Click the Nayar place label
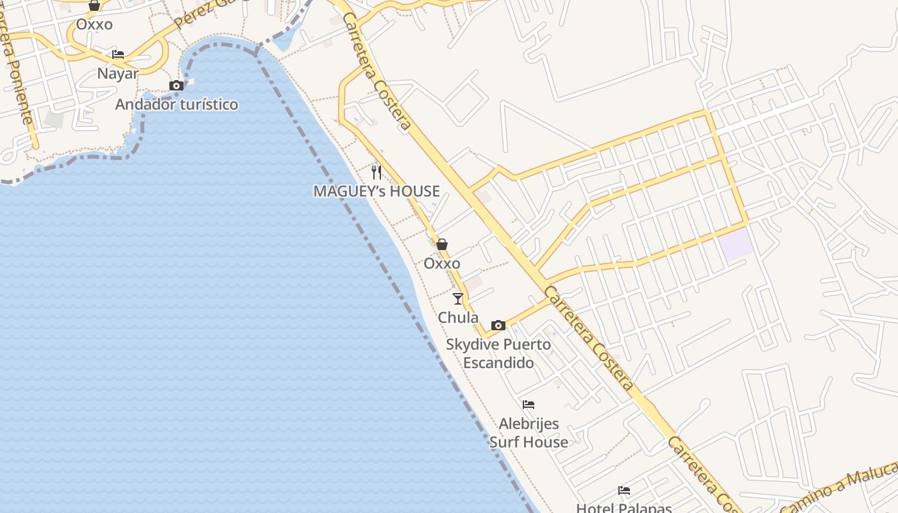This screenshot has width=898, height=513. (x=117, y=73)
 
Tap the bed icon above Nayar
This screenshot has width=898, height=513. (x=117, y=55)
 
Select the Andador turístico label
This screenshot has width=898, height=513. (x=176, y=104)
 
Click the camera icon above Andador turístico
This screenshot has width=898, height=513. (x=176, y=85)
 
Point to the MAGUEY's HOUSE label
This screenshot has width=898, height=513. (x=377, y=191)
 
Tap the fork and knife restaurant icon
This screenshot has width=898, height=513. (x=377, y=172)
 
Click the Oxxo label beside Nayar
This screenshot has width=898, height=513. (x=94, y=24)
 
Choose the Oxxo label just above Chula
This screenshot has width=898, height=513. (x=441, y=264)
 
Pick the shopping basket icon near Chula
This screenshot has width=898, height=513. (x=441, y=244)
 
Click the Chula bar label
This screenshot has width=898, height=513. (x=458, y=317)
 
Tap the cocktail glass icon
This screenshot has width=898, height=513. (x=457, y=298)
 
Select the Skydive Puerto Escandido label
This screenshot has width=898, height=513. (x=498, y=353)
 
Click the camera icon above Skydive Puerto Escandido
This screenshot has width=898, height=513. (x=498, y=325)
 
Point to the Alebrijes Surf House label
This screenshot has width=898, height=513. (x=529, y=433)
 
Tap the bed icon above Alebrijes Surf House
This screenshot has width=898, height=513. (x=529, y=405)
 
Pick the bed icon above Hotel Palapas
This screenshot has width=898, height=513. (x=624, y=491)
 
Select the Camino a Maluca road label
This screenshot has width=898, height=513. (x=840, y=491)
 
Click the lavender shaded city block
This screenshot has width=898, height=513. (x=736, y=244)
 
